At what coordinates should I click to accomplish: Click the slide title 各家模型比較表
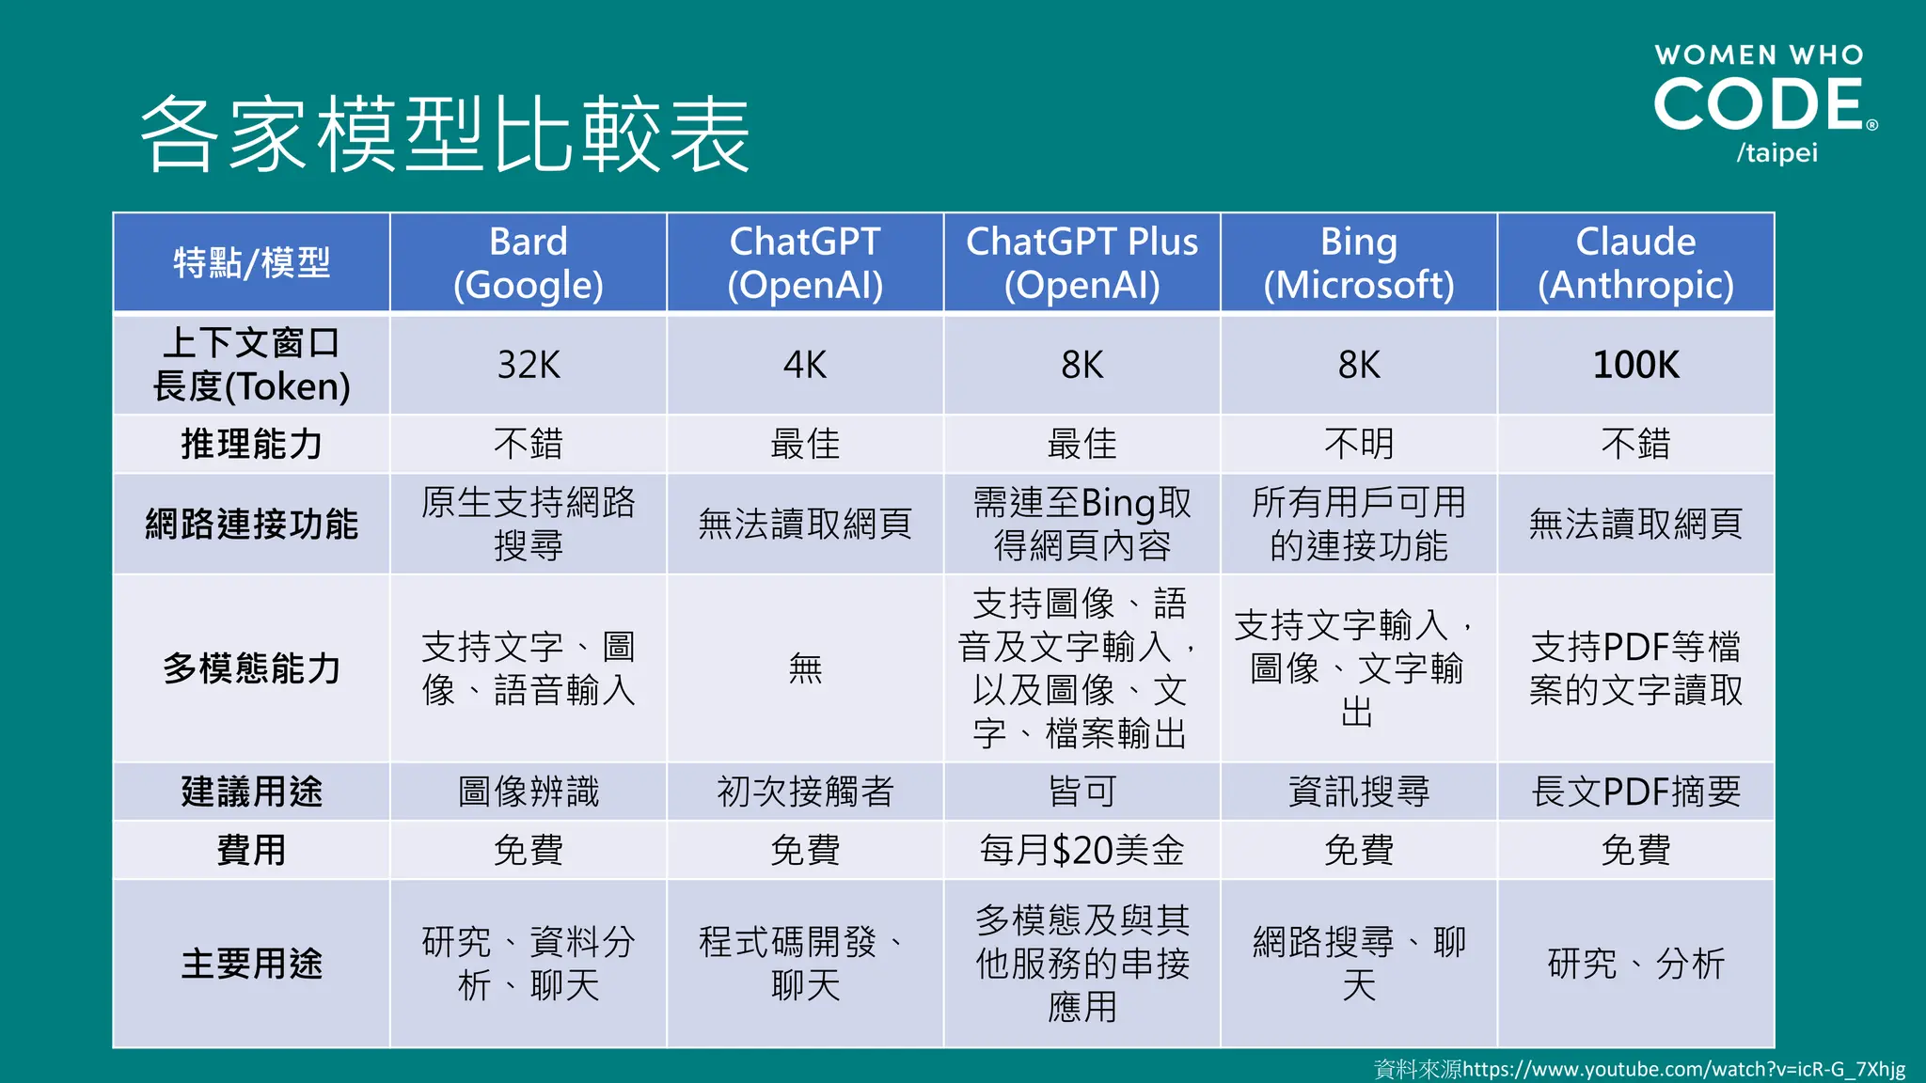point(445,134)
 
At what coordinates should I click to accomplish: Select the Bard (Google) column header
point(529,263)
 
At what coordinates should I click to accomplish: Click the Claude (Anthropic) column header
point(1635,263)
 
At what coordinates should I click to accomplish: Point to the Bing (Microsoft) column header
point(1358,263)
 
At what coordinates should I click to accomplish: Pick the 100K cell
point(1635,365)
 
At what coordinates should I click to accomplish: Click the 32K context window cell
point(529,365)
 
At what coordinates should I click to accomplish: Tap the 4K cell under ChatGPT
point(805,365)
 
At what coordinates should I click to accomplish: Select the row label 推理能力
point(251,444)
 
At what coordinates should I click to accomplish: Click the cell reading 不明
point(1358,444)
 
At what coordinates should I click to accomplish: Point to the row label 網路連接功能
point(251,524)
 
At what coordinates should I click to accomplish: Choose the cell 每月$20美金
point(1081,850)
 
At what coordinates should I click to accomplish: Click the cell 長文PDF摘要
point(1635,792)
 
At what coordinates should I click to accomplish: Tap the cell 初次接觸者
point(805,792)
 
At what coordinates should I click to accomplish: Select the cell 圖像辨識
point(529,792)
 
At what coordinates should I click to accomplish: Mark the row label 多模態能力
point(251,668)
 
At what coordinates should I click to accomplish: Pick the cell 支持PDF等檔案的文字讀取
point(1635,668)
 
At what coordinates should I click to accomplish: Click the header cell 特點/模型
point(251,263)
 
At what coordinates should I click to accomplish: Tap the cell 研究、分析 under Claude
point(1635,964)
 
